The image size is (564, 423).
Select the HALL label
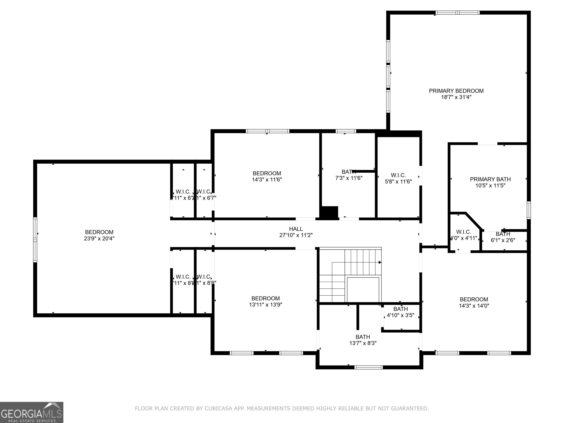[x=296, y=229]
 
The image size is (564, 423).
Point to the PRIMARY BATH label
[x=490, y=179]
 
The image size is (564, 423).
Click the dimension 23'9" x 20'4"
[x=99, y=239]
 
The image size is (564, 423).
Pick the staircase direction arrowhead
[x=380, y=262]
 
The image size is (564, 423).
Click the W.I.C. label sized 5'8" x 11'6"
[x=398, y=175]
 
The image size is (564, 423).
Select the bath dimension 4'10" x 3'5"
[x=400, y=315]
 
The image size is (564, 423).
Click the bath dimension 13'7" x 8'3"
[x=363, y=343]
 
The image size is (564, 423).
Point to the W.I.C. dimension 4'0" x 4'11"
[x=464, y=238]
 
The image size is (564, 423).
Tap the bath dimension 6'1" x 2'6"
[x=503, y=240]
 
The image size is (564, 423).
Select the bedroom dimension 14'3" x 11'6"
[x=267, y=180]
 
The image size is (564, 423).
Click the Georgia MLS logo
[x=31, y=413]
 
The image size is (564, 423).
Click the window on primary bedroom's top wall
[x=457, y=12]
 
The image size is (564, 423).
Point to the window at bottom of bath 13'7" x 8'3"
[x=368, y=367]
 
